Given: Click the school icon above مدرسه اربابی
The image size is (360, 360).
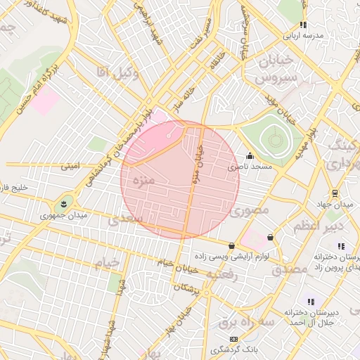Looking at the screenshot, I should point(304,25).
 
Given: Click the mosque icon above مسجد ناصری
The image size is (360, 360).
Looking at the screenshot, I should point(249,157).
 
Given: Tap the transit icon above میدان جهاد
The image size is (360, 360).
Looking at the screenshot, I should point(334,193).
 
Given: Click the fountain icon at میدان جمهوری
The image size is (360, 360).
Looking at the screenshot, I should point(64,204).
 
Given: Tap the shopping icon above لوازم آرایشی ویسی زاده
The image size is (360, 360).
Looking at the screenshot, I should point(232,245).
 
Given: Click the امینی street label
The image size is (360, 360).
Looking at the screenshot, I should point(71,167).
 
